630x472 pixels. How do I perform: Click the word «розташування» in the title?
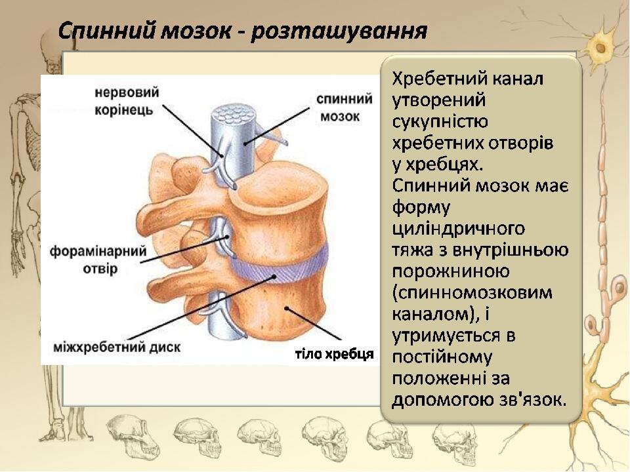tap(339, 31)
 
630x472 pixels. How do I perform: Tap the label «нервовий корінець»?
tap(127, 101)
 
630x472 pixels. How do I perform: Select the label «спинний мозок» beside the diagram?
tap(345, 108)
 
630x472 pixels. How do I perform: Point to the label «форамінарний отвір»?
tap(98, 260)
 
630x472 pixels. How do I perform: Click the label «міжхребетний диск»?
tap(117, 347)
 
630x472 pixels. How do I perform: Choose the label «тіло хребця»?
tap(334, 354)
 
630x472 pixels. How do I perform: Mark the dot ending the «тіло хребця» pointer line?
tap(287, 308)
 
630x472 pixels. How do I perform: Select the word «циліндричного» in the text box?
tap(459, 229)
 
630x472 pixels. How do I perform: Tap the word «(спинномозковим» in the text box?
tap(472, 294)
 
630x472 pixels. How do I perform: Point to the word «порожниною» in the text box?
tap(450, 271)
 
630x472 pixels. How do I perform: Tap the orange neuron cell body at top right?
tap(600, 47)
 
